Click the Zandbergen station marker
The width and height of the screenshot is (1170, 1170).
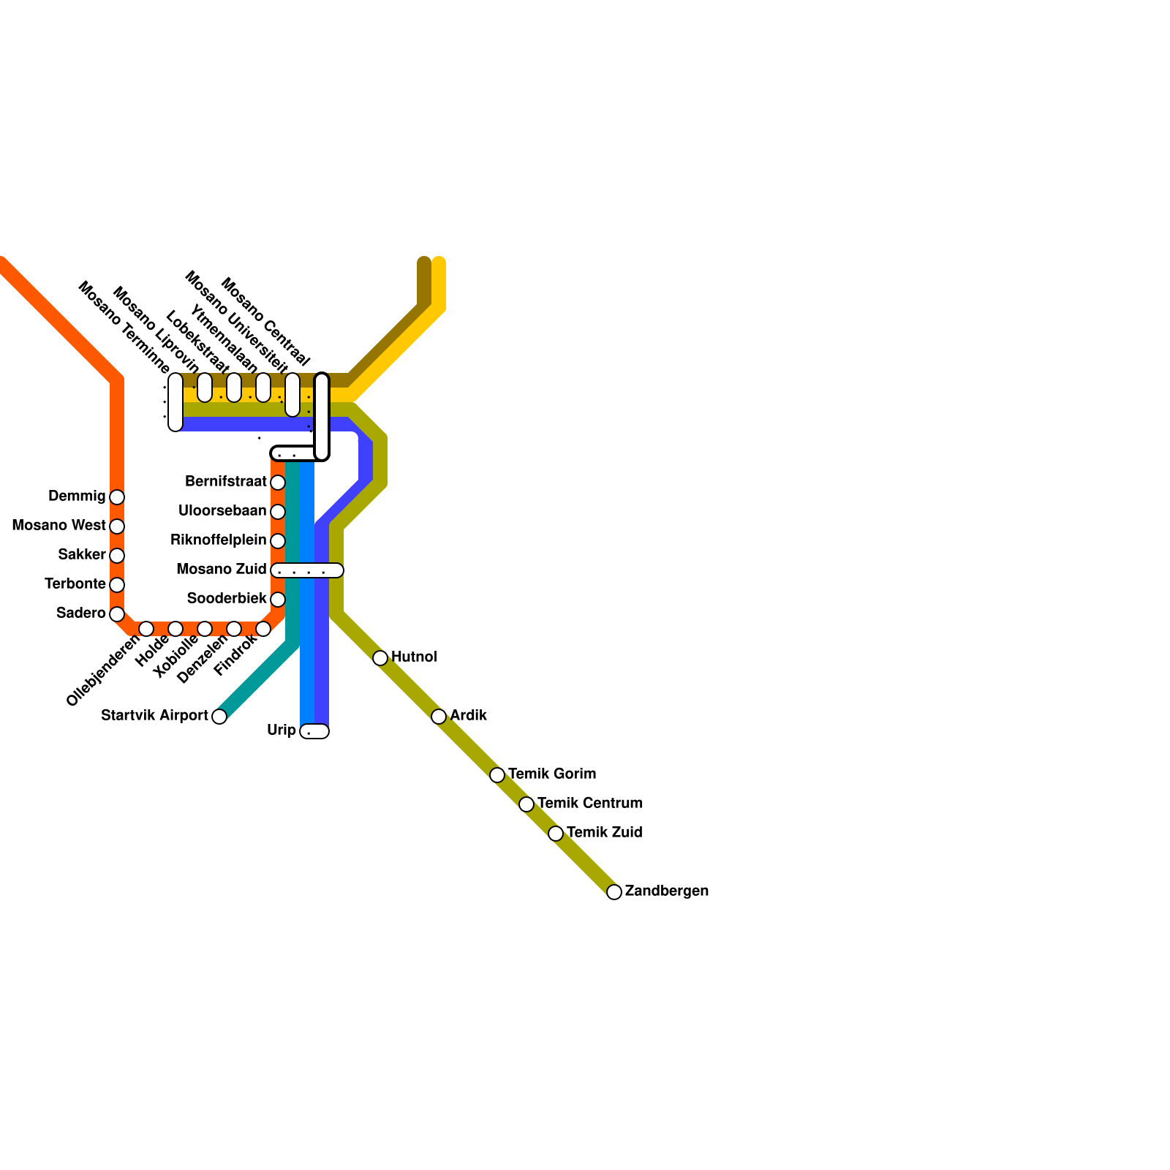click(614, 891)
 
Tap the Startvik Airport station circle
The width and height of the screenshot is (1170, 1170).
click(219, 717)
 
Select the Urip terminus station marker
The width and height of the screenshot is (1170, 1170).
click(314, 731)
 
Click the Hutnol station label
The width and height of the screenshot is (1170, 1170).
click(414, 657)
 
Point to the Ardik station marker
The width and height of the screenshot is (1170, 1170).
click(439, 717)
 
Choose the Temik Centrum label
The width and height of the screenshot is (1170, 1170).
click(589, 803)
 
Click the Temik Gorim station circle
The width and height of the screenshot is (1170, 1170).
click(497, 775)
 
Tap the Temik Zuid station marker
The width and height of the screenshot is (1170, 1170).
click(556, 834)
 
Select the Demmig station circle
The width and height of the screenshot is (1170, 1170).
click(117, 497)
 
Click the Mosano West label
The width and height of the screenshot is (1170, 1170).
click(58, 525)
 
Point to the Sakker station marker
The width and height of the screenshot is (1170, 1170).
click(117, 556)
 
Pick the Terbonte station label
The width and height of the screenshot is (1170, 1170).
click(75, 584)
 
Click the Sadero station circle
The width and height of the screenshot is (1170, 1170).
click(117, 614)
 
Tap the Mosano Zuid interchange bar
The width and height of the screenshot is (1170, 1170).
click(307, 570)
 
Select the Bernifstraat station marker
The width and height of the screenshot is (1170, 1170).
click(278, 483)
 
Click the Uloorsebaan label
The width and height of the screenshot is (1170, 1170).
click(222, 510)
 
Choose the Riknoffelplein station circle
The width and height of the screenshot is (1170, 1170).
click(278, 541)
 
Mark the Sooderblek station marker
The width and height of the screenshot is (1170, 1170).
click(278, 600)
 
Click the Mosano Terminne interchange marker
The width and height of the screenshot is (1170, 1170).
click(175, 402)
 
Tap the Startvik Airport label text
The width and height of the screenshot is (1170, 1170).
click(154, 715)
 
